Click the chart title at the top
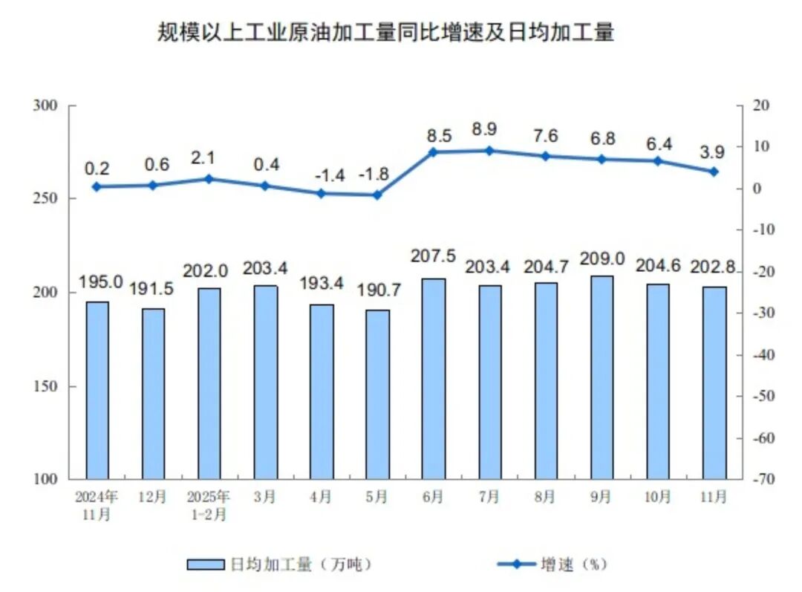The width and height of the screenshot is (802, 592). click(x=385, y=33)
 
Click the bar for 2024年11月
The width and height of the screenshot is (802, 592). click(x=97, y=390)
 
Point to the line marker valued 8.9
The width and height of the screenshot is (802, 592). click(x=489, y=151)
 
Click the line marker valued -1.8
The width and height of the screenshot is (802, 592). click(x=376, y=195)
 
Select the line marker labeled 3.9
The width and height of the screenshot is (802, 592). click(x=714, y=172)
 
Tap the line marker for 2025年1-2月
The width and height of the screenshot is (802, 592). click(x=209, y=179)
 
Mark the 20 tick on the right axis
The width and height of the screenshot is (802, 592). click(x=757, y=105)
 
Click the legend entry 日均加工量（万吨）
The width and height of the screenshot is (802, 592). click(x=278, y=565)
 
